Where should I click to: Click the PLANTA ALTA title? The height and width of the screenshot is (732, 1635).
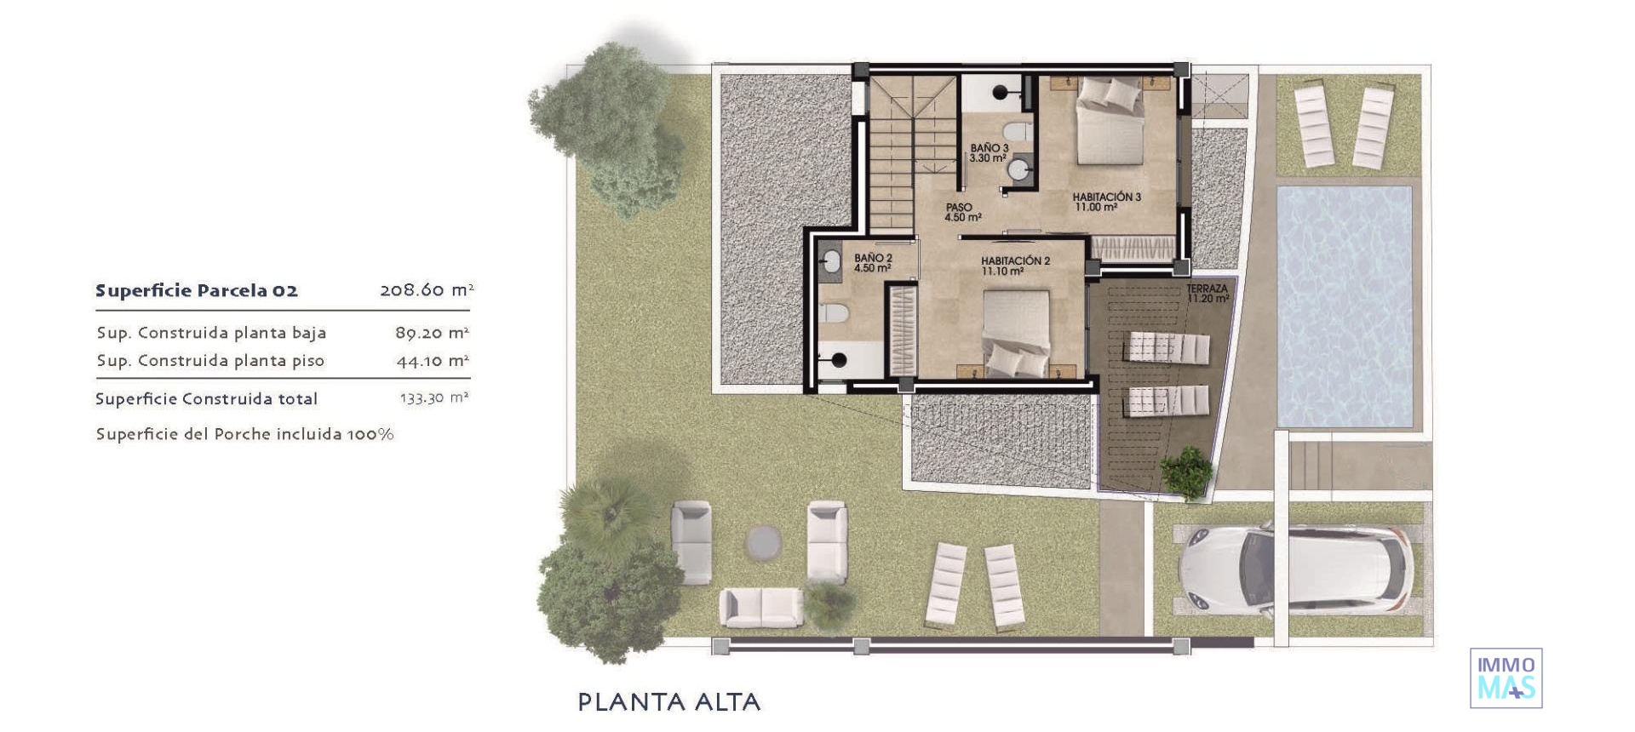[x=668, y=702]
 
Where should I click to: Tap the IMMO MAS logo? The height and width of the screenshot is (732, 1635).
[x=1506, y=678]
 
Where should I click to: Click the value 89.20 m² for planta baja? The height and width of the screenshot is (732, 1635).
[x=432, y=333]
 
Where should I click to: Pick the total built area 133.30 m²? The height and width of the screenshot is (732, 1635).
[x=433, y=398]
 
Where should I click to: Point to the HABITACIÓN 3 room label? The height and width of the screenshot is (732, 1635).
[x=1106, y=202]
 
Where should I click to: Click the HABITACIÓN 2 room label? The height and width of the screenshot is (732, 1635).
[x=1015, y=266]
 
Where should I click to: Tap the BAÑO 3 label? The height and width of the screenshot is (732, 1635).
[x=989, y=153]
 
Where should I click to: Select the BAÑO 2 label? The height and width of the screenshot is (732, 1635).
[x=873, y=263]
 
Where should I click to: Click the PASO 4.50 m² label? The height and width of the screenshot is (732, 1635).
[x=962, y=213]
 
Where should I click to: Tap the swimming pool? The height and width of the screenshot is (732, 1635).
[x=1344, y=306]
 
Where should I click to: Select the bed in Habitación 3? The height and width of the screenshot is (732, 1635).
[x=1110, y=121]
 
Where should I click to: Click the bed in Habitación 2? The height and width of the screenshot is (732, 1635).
[x=1016, y=334]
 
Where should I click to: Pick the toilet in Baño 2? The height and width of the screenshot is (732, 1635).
[x=835, y=313]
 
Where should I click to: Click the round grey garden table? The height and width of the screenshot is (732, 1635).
[x=762, y=540]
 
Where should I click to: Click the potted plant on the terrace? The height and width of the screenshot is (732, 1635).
[x=1186, y=471]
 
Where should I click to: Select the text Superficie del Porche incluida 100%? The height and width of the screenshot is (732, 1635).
[x=244, y=434]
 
